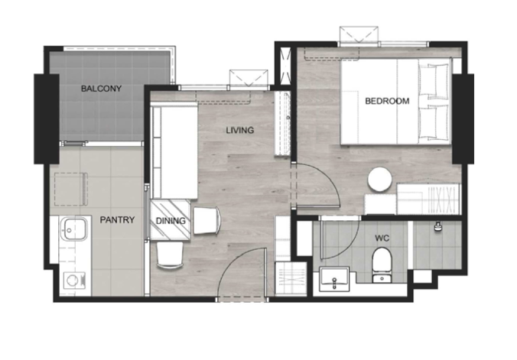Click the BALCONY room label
pos(101,89)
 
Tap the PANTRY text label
pos(117,219)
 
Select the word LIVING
pos(240,130)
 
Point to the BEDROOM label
pos(387,101)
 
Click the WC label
pos(382,238)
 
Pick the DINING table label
pos(171,221)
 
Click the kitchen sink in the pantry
pos(75,228)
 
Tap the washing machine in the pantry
pos(74,281)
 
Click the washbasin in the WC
pos(334,279)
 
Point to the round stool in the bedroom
pos(380,180)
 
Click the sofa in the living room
pos(174,150)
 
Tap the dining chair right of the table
pos(207,220)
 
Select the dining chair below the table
pos(170,255)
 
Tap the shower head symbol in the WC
pos(437,226)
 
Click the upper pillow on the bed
pos(434,80)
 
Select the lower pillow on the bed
pos(434,122)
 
